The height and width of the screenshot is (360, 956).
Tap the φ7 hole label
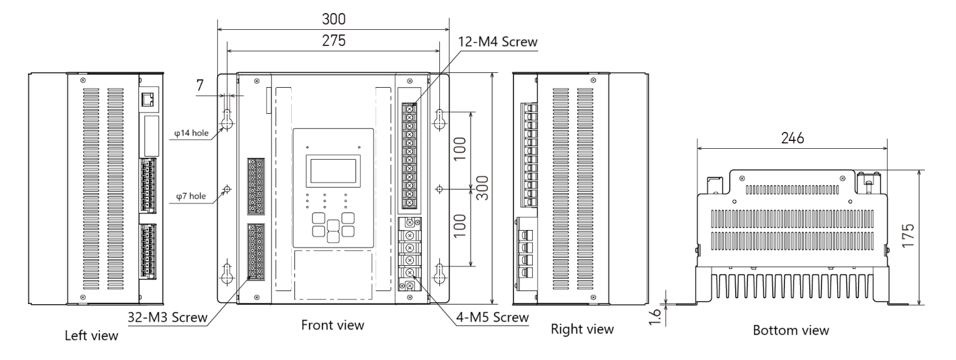pyautogui.click(x=194, y=195)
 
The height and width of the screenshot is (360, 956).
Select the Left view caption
pyautogui.click(x=92, y=336)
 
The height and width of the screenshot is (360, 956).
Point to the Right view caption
pyautogui.click(x=582, y=329)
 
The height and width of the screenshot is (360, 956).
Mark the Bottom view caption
pyautogui.click(x=791, y=330)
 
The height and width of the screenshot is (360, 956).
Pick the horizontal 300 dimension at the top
pyautogui.click(x=333, y=18)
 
